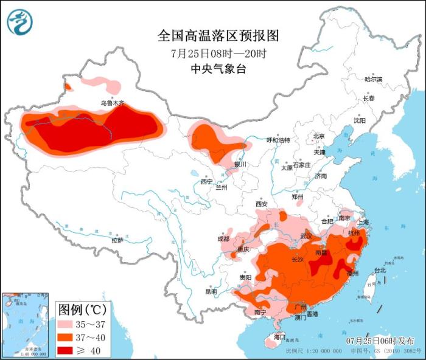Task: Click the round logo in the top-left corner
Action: click(x=20, y=22)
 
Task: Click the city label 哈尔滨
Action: click(x=373, y=80)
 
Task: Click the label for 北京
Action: click(x=319, y=136)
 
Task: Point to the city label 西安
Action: click(x=262, y=204)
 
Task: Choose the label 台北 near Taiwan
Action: click(x=379, y=270)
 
